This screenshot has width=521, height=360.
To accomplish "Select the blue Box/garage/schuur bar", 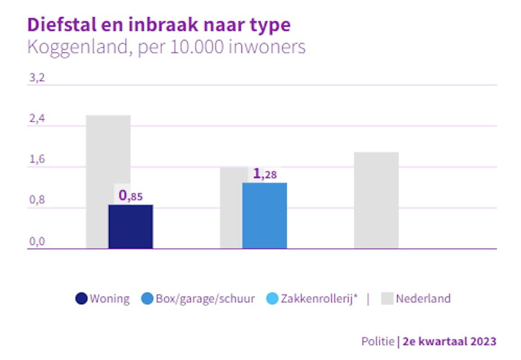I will click(264, 216).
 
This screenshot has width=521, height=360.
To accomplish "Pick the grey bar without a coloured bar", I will click(376, 200).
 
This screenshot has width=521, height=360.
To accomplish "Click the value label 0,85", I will click(130, 196).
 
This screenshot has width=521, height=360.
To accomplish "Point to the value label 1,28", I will click(264, 174).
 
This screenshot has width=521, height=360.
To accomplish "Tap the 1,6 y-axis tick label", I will click(37, 160).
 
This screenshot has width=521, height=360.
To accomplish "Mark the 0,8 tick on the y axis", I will click(37, 201).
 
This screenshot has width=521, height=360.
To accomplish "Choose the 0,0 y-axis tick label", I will click(37, 242).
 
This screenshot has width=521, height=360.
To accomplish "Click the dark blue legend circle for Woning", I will click(82, 299).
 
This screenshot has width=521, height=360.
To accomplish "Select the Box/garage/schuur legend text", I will click(205, 299).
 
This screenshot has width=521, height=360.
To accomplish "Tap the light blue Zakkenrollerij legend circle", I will click(272, 299).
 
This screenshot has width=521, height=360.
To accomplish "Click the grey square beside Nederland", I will click(387, 298).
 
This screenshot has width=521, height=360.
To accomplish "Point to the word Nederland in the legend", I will click(423, 298).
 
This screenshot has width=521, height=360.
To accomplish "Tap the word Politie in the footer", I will click(378, 341).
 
